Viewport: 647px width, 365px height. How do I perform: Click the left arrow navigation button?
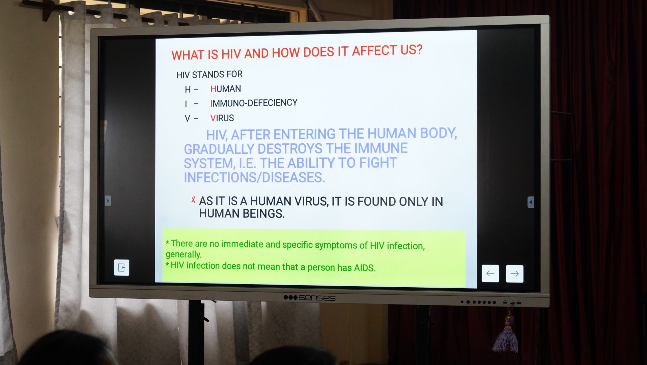pos(490,273)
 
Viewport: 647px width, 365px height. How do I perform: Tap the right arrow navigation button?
pos(514,274)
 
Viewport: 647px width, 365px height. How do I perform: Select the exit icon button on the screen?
pos(122,268)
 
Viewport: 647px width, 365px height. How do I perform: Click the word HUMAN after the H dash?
pos(226,89)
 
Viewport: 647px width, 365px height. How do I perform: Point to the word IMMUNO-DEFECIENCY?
pos(254,103)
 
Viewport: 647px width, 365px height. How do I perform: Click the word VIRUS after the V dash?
pos(222,118)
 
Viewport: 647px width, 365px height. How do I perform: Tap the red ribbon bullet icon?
pos(193,200)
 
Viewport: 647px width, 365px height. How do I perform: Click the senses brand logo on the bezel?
pos(309,298)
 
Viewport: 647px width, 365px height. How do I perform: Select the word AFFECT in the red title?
pos(374,51)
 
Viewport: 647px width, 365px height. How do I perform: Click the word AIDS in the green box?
pos(365,268)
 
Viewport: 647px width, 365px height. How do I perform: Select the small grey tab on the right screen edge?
pos(531,202)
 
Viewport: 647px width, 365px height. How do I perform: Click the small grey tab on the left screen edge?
pos(108,201)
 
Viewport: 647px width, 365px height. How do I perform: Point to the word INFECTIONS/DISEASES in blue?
pos(254,177)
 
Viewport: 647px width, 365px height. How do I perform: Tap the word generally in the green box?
pos(184,254)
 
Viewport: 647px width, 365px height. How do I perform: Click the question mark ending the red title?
pos(419,49)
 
